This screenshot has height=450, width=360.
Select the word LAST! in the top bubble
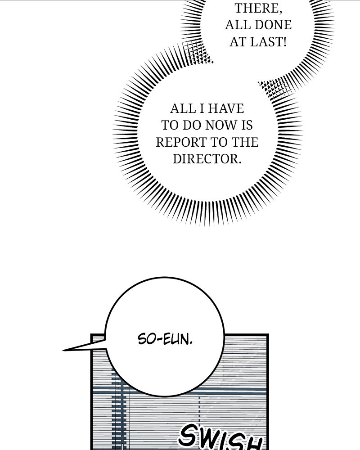[x=268, y=42]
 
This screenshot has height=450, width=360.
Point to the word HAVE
[x=226, y=109]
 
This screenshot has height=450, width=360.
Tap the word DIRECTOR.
[x=207, y=159]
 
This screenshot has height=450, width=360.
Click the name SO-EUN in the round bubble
[x=165, y=339]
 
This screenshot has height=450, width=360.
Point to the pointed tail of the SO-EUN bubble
[x=63, y=350]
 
